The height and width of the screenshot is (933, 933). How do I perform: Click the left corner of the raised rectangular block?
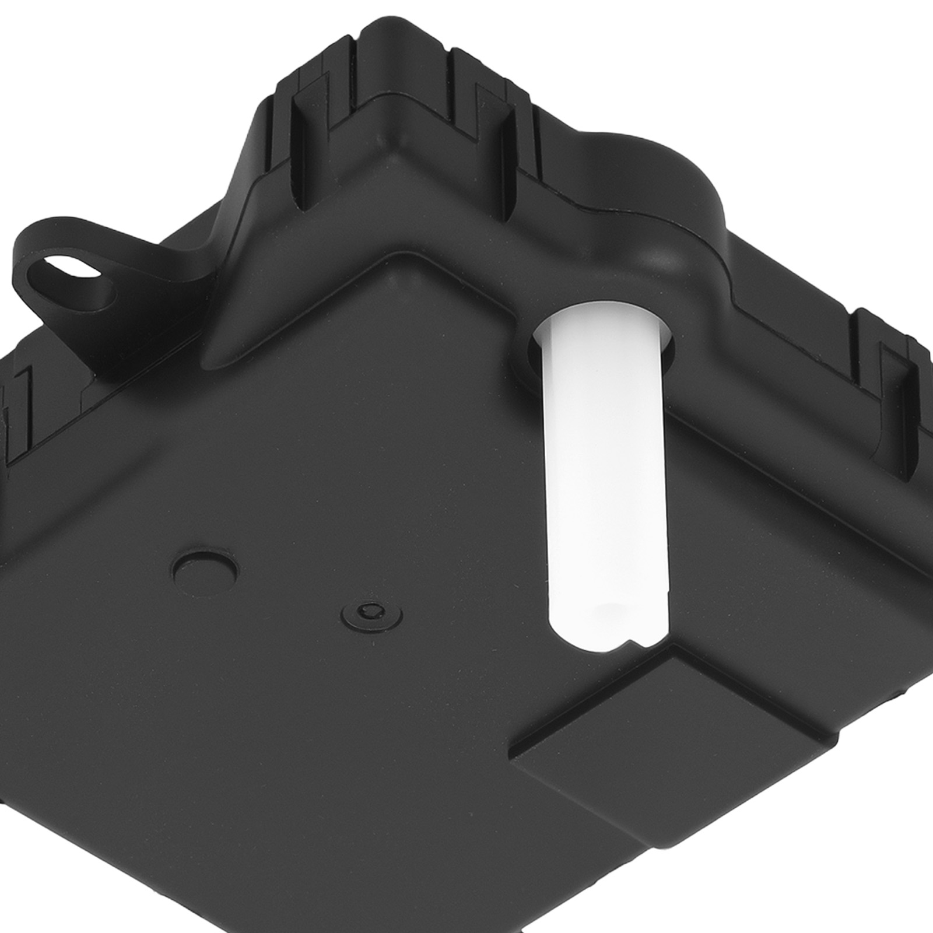513,752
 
